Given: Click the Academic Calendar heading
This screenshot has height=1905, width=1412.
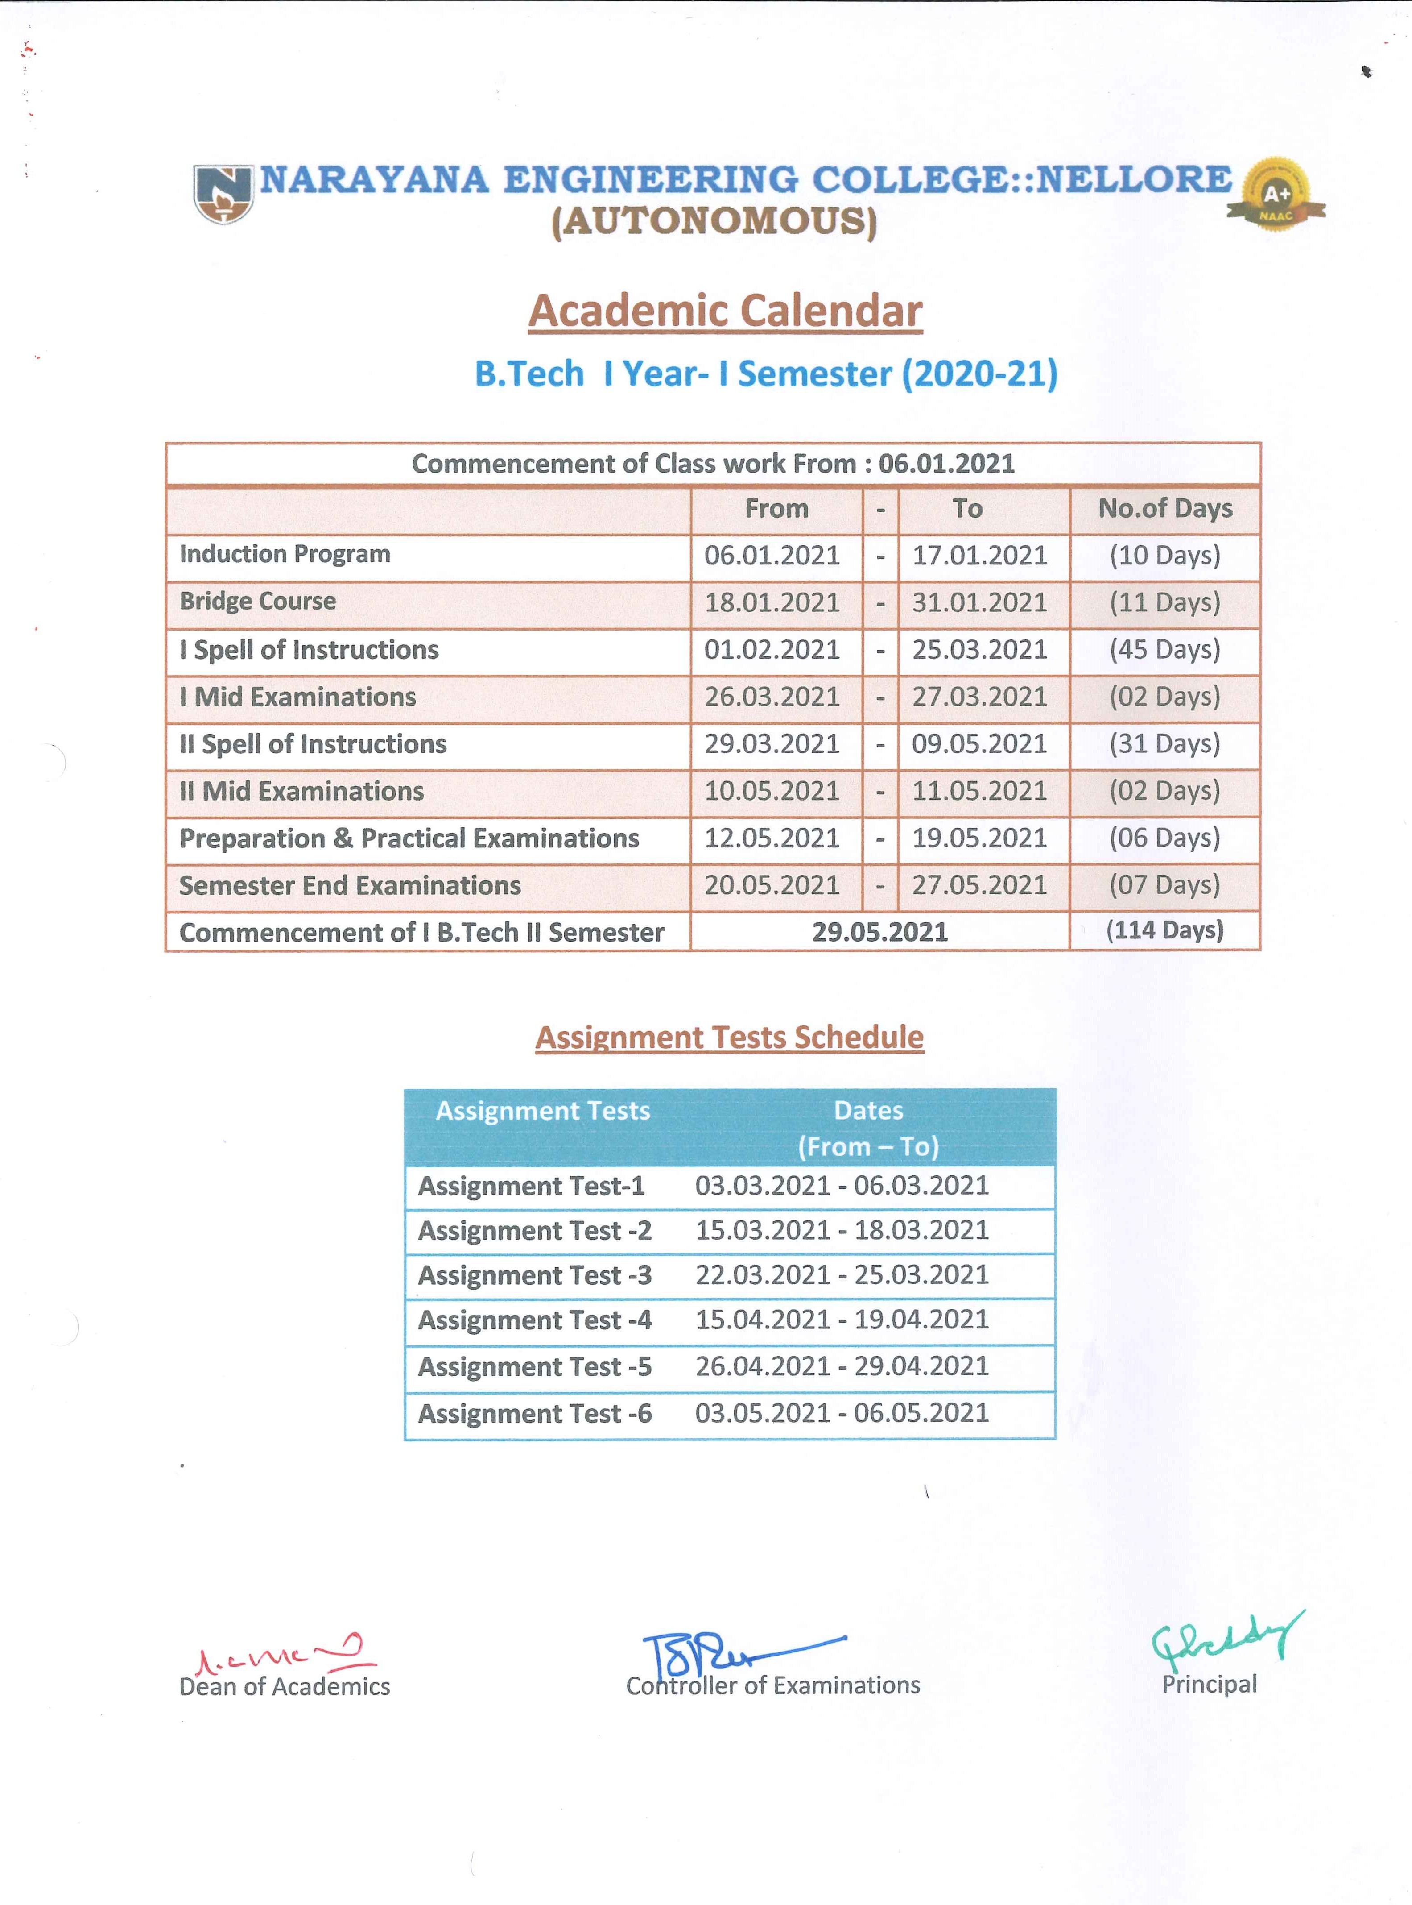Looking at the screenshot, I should [x=725, y=311].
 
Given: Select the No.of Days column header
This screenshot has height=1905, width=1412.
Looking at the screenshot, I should [x=1165, y=509].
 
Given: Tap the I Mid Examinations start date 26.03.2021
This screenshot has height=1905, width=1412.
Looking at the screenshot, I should [x=772, y=697].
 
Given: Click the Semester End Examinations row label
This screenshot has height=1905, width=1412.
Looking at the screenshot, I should [x=350, y=885].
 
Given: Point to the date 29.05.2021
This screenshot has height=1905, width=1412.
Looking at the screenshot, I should [x=879, y=932].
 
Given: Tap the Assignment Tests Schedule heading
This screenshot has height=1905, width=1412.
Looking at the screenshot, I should [x=729, y=1037].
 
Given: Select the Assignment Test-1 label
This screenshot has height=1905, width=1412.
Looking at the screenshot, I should [x=531, y=1186].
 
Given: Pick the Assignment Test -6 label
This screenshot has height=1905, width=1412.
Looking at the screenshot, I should [x=534, y=1413].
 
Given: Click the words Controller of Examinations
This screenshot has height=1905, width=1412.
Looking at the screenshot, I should [x=772, y=1685].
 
